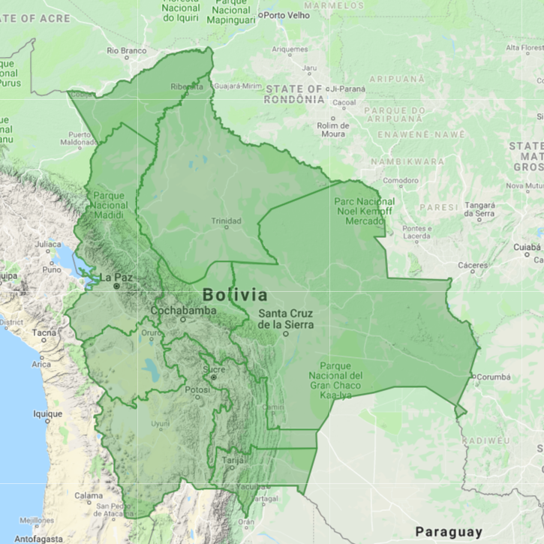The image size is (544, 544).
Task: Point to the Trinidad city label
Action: click(x=226, y=221)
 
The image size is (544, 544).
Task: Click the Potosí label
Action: click(x=198, y=389)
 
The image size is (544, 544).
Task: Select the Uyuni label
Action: click(x=161, y=424)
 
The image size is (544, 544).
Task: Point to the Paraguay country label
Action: click(x=449, y=531)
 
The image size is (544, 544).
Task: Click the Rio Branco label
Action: click(x=126, y=51)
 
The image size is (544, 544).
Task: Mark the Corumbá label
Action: click(x=493, y=377)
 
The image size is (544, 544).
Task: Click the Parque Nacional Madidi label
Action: click(x=109, y=205)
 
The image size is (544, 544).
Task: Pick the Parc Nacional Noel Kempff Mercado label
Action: click(x=364, y=212)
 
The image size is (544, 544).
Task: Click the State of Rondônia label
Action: click(x=294, y=94)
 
